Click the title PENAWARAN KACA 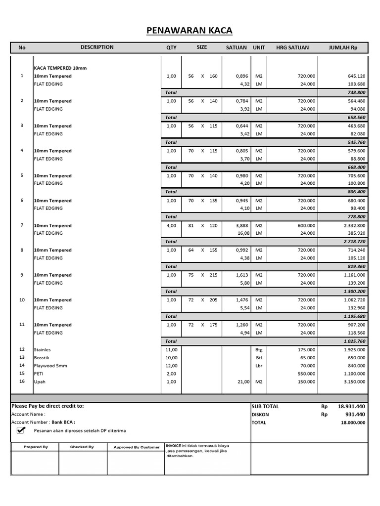click(190, 31)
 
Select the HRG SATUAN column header click(292, 48)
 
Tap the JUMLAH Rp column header click(343, 48)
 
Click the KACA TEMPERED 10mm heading click(60, 68)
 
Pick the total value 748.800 click(356, 92)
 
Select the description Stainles click(43, 349)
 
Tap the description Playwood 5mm click(50, 366)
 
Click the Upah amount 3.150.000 click(352, 382)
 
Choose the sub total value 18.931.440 click(351, 406)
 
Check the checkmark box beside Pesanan click(20, 430)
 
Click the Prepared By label click(36, 447)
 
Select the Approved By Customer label click(137, 447)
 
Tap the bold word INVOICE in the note click(173, 445)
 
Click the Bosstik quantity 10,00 click(171, 357)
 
